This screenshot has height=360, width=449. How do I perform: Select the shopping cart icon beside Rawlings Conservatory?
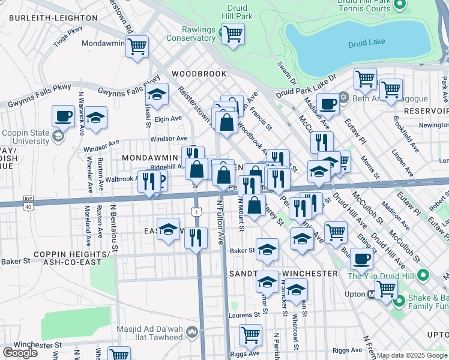click(232, 34)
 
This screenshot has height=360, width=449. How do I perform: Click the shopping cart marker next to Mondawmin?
click(137, 46)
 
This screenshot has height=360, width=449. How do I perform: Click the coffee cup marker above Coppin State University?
click(63, 116)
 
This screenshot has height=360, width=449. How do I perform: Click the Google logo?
click(20, 352)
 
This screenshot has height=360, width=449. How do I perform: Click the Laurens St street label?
click(243, 314)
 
